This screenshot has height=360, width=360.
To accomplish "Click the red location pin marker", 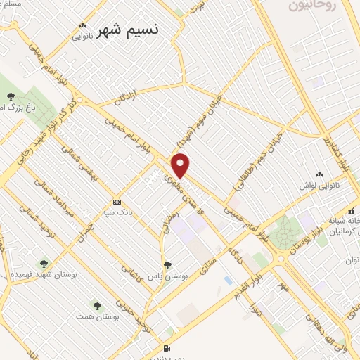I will (181, 165).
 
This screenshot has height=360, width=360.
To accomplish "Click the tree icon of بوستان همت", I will (96, 306).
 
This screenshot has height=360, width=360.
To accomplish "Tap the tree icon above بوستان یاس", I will (167, 265).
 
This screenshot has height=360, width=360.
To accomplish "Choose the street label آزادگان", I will (138, 98).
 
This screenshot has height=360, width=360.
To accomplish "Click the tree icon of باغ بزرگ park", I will (10, 96).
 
